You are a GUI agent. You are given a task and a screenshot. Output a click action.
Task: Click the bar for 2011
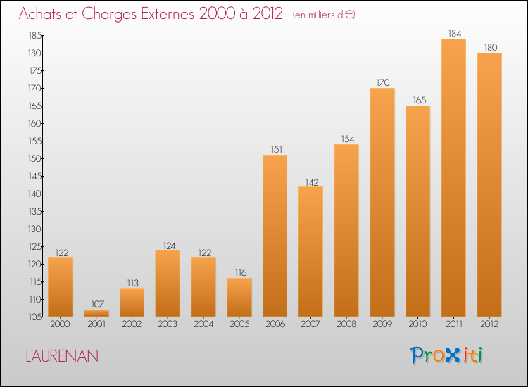453,177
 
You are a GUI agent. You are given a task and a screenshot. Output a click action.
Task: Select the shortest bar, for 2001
96,313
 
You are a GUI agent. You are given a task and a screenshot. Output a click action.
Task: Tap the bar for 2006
275,236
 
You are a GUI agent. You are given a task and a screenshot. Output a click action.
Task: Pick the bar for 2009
382,202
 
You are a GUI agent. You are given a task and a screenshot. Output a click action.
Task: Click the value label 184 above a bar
453,33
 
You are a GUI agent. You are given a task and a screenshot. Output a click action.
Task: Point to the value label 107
97,304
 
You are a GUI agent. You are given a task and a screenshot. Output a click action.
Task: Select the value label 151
275,149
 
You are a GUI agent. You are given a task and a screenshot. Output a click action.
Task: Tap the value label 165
417,100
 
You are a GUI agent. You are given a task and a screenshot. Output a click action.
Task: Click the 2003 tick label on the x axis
168,324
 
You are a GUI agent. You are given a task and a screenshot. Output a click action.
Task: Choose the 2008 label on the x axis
346,324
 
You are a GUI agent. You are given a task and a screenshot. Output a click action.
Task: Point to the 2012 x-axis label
489,324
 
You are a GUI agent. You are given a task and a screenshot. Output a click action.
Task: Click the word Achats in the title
43,13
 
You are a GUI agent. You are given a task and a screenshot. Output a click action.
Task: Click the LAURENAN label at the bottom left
62,356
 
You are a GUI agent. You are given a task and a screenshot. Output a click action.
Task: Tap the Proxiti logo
446,355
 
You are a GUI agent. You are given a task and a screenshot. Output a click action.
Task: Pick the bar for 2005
239,297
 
